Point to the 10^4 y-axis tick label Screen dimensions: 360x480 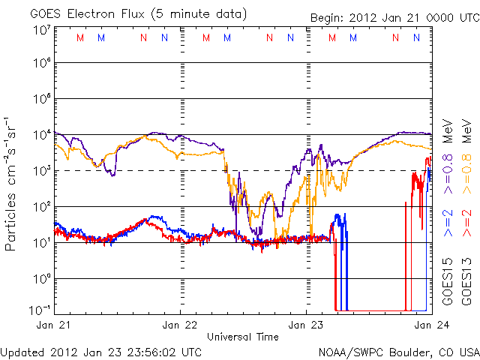point(40,136)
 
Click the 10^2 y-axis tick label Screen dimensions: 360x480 point(40,207)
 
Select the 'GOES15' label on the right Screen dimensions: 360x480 point(447,277)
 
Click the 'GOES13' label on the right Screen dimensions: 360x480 point(466,277)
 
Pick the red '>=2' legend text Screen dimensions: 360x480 point(466,224)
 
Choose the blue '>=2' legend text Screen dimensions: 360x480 point(447,224)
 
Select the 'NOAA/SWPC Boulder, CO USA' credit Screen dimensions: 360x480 point(398,351)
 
